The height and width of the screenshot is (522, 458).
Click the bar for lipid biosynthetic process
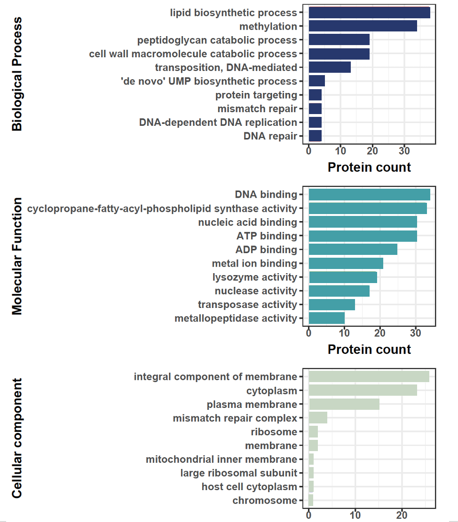click(369, 13)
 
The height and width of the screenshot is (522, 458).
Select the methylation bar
click(363, 27)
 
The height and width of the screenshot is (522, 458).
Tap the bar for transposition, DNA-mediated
click(330, 68)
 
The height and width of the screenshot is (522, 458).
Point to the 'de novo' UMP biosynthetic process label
click(209, 81)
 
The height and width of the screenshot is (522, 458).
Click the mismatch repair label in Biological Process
click(257, 109)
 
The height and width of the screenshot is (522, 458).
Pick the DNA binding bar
click(369, 195)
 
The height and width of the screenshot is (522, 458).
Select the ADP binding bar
click(353, 249)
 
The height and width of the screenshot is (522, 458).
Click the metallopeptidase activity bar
click(326, 319)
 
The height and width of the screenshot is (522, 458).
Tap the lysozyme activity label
click(255, 277)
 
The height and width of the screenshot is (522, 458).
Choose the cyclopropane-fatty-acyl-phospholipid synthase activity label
click(162, 208)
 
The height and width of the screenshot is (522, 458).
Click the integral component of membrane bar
click(369, 376)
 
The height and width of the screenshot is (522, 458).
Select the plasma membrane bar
click(344, 404)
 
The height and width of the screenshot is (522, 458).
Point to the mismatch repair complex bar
click(318, 418)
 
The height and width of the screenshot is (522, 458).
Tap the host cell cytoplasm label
click(249, 487)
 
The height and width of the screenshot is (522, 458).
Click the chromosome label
click(265, 500)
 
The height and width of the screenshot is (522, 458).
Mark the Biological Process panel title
click(17, 74)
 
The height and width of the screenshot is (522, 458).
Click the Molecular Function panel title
click(17, 256)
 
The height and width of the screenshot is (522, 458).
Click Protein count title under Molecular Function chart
click(369, 349)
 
